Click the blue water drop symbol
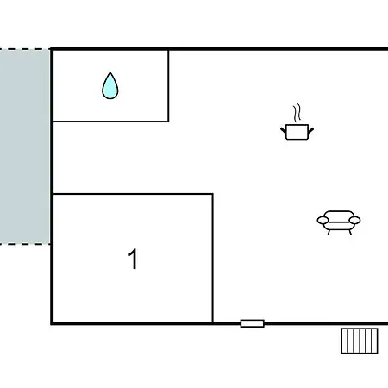tap(110, 86)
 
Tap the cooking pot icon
tap(297, 132)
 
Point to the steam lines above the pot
tap(297, 113)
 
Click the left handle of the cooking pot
tap(284, 130)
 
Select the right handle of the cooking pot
tap(310, 130)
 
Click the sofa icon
tap(339, 222)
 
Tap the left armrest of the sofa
tap(323, 220)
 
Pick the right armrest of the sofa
tap(354, 220)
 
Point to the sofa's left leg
tap(329, 232)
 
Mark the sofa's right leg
tap(350, 232)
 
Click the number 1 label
tap(133, 259)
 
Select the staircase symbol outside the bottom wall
tap(360, 341)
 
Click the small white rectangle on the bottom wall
tap(253, 323)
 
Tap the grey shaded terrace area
tap(25, 147)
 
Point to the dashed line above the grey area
tap(25, 49)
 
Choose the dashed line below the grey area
tap(25, 244)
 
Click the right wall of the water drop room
tap(168, 86)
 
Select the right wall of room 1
tap(213, 259)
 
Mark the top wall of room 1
tap(133, 194)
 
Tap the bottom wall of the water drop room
tap(111, 122)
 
